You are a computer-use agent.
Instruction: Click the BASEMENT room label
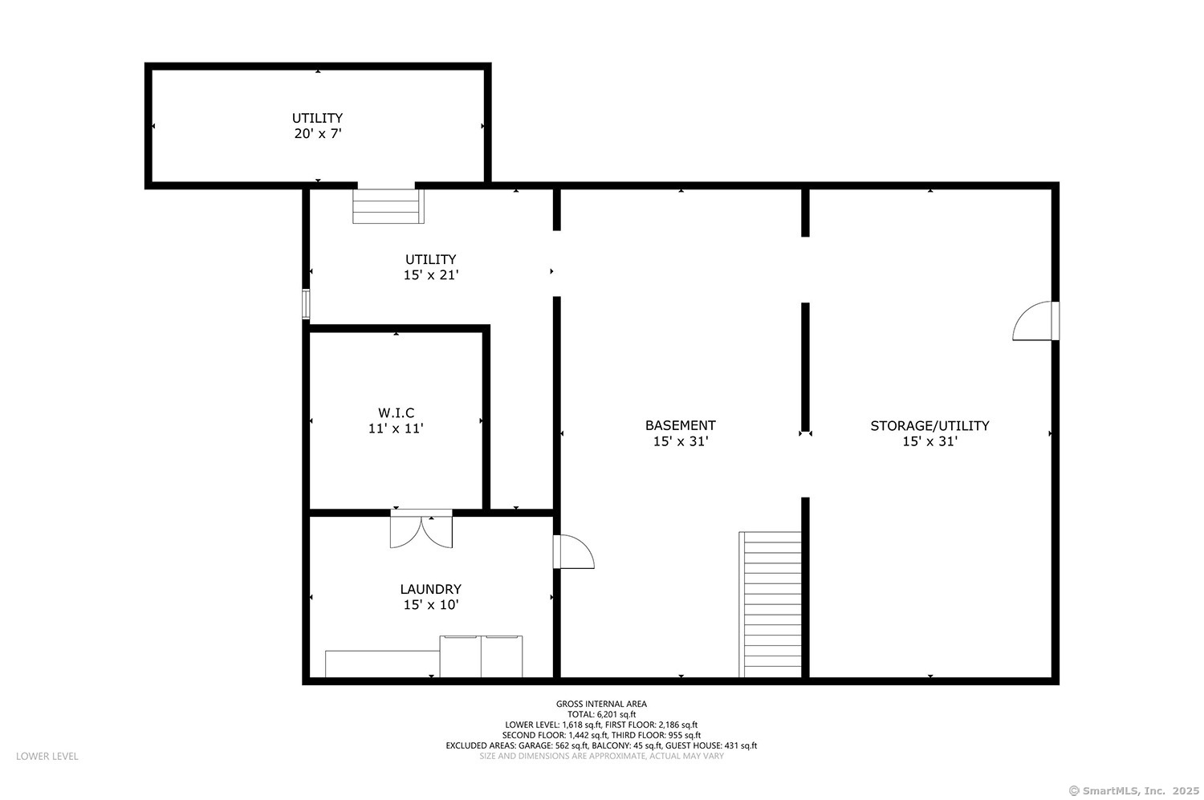click(x=680, y=425)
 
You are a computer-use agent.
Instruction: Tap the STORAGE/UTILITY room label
click(x=929, y=425)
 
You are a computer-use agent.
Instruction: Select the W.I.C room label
click(x=396, y=412)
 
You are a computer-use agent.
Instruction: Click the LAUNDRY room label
click(x=431, y=589)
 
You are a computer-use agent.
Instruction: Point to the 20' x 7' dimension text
click(x=318, y=134)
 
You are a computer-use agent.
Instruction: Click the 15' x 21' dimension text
click(x=431, y=275)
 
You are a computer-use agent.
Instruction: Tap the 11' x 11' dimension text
click(x=396, y=428)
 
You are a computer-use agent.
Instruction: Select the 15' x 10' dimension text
click(x=431, y=605)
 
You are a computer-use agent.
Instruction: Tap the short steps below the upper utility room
click(x=388, y=206)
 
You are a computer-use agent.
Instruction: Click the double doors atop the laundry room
click(x=421, y=530)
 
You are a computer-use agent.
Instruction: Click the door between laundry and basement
click(x=573, y=552)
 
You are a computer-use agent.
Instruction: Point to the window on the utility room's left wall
click(x=306, y=304)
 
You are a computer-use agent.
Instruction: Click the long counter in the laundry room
click(x=382, y=664)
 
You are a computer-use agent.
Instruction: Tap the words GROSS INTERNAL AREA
click(x=601, y=704)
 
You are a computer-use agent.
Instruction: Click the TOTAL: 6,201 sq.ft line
click(x=601, y=714)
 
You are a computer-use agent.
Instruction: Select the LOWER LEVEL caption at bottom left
click(x=47, y=756)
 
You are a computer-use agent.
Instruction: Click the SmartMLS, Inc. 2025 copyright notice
click(x=1134, y=790)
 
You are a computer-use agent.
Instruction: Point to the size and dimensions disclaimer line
click(x=601, y=756)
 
